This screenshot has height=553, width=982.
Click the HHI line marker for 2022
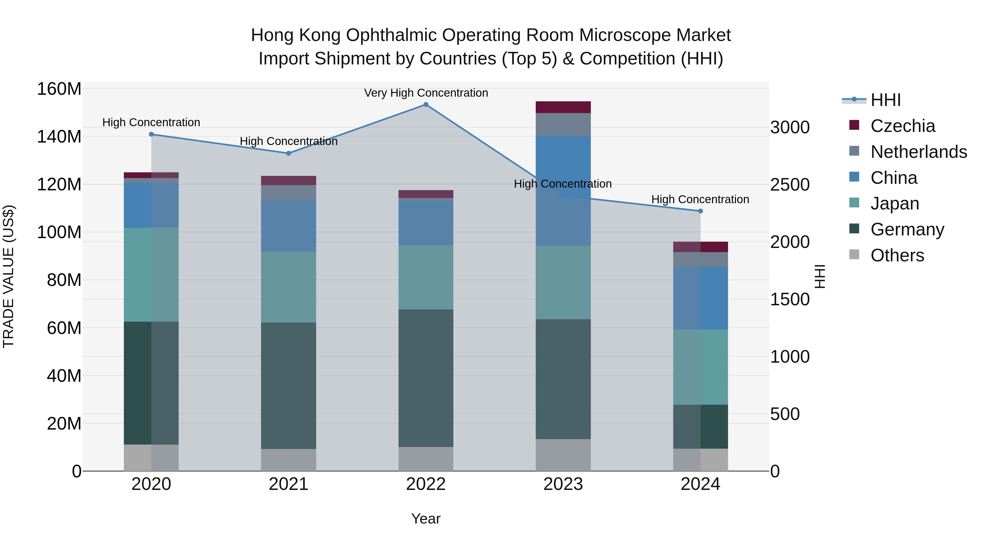pos(426,105)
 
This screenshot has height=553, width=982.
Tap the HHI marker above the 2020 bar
pos(151,134)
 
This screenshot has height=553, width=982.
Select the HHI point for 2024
pos(700,211)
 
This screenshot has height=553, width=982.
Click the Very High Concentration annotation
pos(426,93)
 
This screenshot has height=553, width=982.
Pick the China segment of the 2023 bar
pos(563,191)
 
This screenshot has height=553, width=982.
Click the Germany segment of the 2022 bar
pos(426,378)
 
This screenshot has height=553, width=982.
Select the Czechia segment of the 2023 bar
pos(563,107)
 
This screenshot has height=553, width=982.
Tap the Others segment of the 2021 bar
pos(289,460)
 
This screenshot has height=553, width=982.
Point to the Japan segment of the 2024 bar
pos(700,367)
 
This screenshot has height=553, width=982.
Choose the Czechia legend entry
pos(902,126)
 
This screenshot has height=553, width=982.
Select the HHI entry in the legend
pos(885,100)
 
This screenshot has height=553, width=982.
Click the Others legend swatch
pos(854,255)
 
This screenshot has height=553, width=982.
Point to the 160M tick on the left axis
pos(59,89)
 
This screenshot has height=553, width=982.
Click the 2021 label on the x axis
pos(289,484)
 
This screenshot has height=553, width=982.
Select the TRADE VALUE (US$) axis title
pos(8,276)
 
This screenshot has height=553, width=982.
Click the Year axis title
pos(426,519)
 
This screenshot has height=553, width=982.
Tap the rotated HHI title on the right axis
pos(820,276)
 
